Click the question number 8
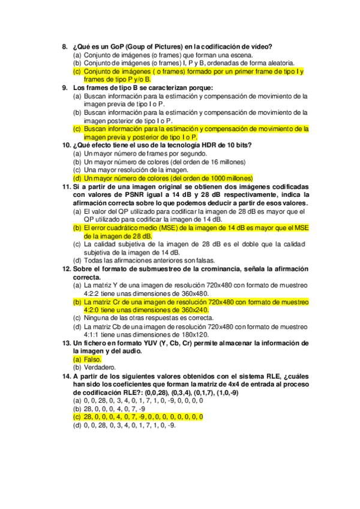point(65,46)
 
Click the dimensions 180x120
point(192,334)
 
